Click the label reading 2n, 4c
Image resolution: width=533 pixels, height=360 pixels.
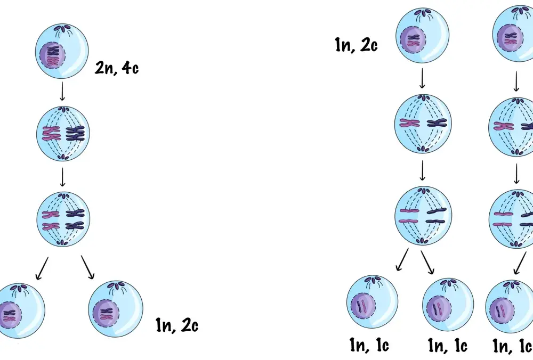[x=117, y=68]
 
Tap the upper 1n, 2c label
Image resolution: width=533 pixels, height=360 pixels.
[x=356, y=45]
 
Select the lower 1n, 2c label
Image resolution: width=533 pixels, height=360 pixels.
[x=177, y=325]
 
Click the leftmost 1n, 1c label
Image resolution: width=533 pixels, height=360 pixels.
[x=369, y=345]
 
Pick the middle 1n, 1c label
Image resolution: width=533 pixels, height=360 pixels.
[x=447, y=346]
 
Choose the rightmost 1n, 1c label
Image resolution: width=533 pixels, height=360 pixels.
[x=512, y=346]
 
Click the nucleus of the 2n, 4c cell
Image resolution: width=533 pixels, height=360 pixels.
[x=52, y=56]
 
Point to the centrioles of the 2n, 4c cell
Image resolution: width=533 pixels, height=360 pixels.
[x=62, y=27]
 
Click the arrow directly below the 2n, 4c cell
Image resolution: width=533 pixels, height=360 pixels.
[x=62, y=91]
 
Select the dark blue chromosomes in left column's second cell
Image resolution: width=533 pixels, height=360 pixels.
[x=75, y=133]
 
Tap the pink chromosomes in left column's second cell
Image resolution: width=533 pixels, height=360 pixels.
[x=52, y=133]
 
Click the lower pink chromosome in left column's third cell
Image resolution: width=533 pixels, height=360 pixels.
[x=51, y=226]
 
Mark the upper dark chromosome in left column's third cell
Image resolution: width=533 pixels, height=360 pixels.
[x=75, y=213]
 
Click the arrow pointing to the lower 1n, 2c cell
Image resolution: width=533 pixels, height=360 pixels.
[x=87, y=267]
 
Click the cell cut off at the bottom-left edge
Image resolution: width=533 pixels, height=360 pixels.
[x=21, y=310]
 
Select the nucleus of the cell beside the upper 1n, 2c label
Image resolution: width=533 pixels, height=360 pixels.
[x=413, y=40]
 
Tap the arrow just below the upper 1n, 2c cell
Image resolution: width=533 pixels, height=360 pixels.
[x=422, y=78]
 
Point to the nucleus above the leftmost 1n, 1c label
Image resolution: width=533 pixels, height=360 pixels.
[x=363, y=306]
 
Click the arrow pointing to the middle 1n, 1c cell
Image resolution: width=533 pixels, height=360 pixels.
[x=427, y=262]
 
